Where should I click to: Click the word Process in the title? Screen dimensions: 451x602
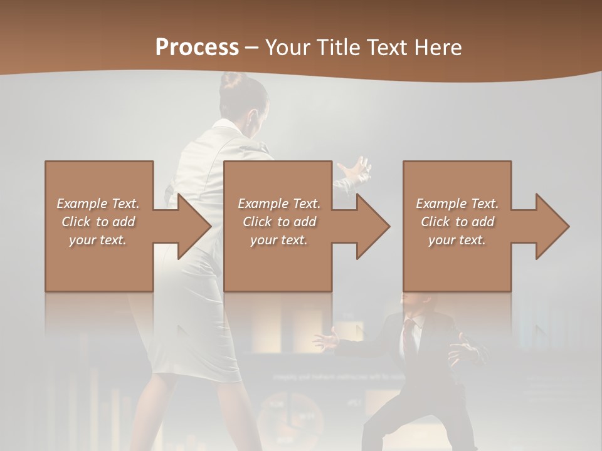(197, 48)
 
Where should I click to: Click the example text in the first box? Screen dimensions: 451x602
(98, 222)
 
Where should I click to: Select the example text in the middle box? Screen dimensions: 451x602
(278, 222)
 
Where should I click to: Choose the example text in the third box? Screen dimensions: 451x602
(457, 222)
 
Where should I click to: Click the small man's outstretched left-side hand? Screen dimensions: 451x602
(324, 341)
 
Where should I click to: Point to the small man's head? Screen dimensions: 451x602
(414, 304)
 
